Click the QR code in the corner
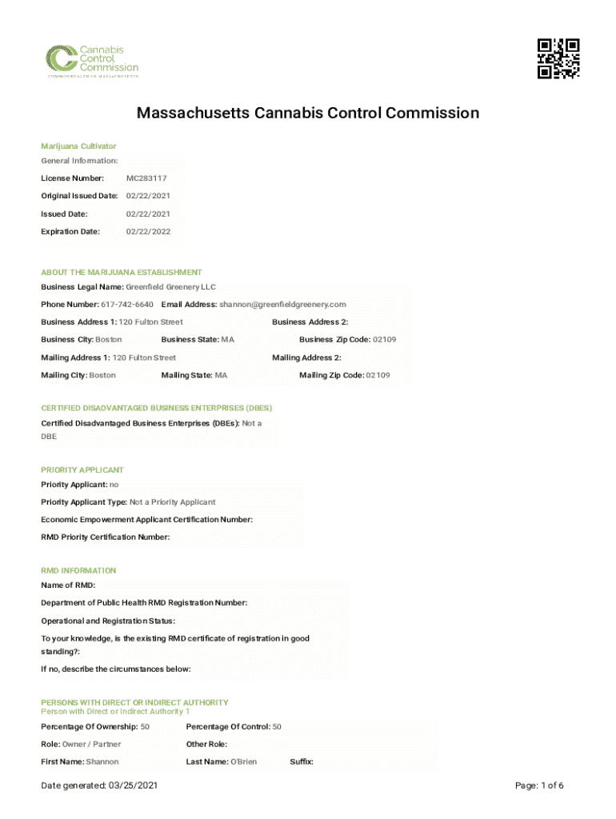click(x=558, y=58)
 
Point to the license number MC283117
click(x=146, y=178)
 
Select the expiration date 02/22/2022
click(x=148, y=232)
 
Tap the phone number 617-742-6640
click(x=127, y=305)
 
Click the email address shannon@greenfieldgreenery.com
click(x=282, y=305)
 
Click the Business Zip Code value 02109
click(x=378, y=340)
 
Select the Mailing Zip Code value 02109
click(x=378, y=375)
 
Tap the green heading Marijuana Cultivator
click(x=78, y=146)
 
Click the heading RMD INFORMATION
click(x=78, y=571)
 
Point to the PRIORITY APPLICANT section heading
click(x=82, y=470)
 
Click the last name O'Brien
click(x=243, y=762)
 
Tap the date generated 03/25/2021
click(x=131, y=786)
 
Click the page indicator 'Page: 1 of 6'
click(x=540, y=786)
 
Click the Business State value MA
click(x=228, y=340)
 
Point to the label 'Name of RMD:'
click(x=68, y=585)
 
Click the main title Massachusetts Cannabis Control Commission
click(x=308, y=113)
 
